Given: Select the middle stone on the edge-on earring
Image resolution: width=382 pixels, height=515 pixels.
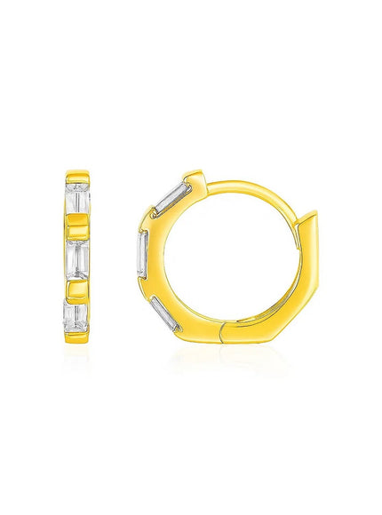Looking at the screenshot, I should tap(76, 257).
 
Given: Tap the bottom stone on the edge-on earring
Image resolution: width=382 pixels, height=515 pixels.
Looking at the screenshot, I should tap(76, 315).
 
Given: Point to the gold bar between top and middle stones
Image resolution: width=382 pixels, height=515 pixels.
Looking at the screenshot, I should tap(76, 229).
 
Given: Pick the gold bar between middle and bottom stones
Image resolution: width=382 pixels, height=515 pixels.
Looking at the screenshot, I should tap(76, 287).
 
